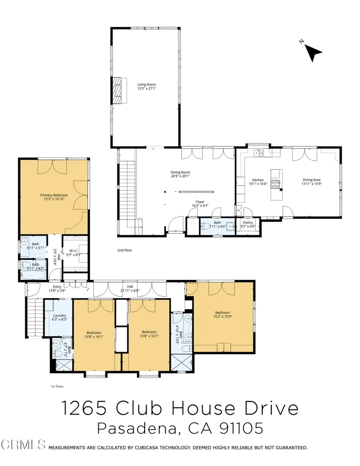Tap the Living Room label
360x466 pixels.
coord(147,84)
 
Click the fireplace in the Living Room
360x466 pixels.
coord(117,91)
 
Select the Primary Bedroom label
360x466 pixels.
coord(54,195)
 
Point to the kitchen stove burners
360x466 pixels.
coord(275,184)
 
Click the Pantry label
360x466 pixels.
coord(248,222)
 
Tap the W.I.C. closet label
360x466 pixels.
coord(74,251)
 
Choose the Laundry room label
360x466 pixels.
coord(60,315)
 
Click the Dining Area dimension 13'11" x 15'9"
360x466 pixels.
coord(312,184)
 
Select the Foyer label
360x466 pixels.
coord(200,202)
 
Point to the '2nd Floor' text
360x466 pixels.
coord(125,250)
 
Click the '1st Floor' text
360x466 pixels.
coord(57,386)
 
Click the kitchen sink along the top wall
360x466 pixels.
coord(258,153)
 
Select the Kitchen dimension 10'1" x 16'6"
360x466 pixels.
coord(258,184)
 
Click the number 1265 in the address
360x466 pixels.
coord(84,408)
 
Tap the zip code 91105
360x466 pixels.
coord(241,428)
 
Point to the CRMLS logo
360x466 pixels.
coord(23,445)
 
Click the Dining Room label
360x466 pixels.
coord(180,172)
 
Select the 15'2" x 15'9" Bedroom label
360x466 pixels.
coord(223,314)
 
